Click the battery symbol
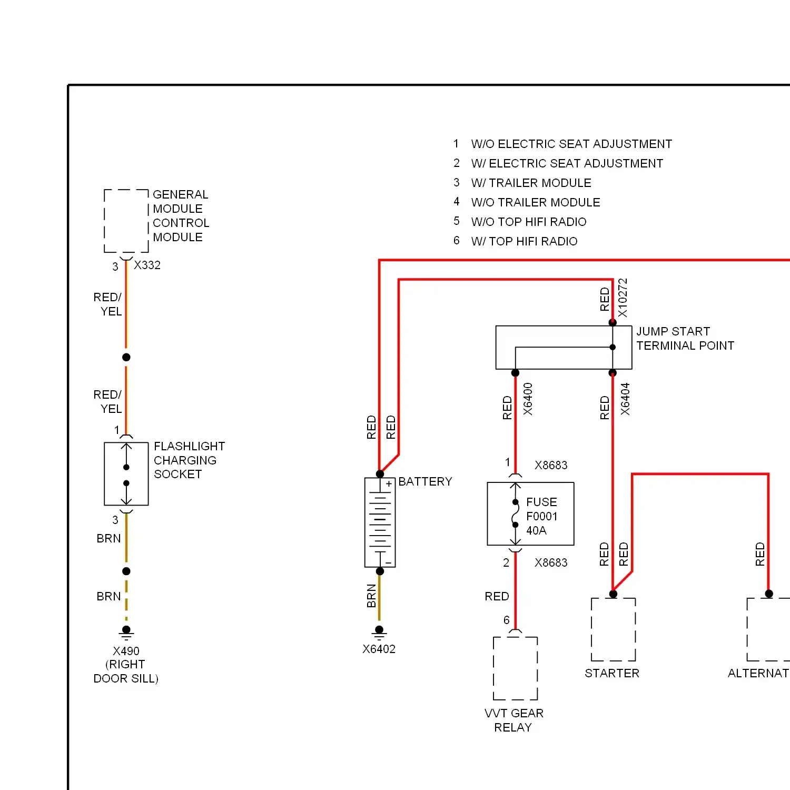[x=380, y=522]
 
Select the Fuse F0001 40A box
[x=530, y=513]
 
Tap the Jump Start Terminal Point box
[x=564, y=347]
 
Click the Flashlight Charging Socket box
[x=126, y=474]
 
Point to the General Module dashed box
[x=126, y=221]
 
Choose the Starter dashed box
[x=613, y=629]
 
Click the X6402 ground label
[x=379, y=649]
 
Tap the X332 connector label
[x=147, y=265]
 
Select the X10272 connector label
[x=623, y=298]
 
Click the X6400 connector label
[x=528, y=399]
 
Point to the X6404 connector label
[x=625, y=399]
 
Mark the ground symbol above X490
[x=126, y=631]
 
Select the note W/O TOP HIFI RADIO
[x=529, y=222]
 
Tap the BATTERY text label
[x=425, y=481]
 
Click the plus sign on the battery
[x=389, y=483]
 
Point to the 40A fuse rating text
[x=536, y=530]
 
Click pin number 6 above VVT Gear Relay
[x=506, y=620]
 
